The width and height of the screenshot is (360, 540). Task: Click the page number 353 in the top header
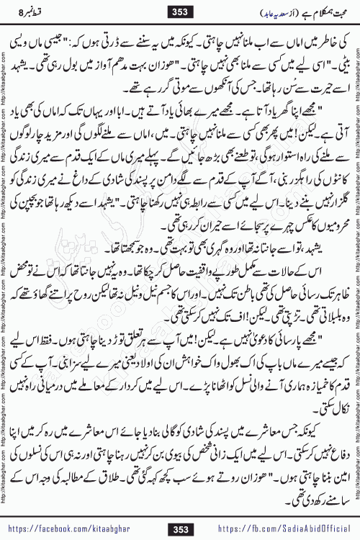click(181, 11)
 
